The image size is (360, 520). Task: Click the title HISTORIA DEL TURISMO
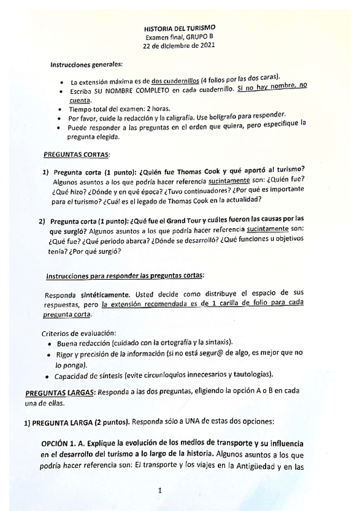179,28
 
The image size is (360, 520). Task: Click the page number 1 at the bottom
159,491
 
